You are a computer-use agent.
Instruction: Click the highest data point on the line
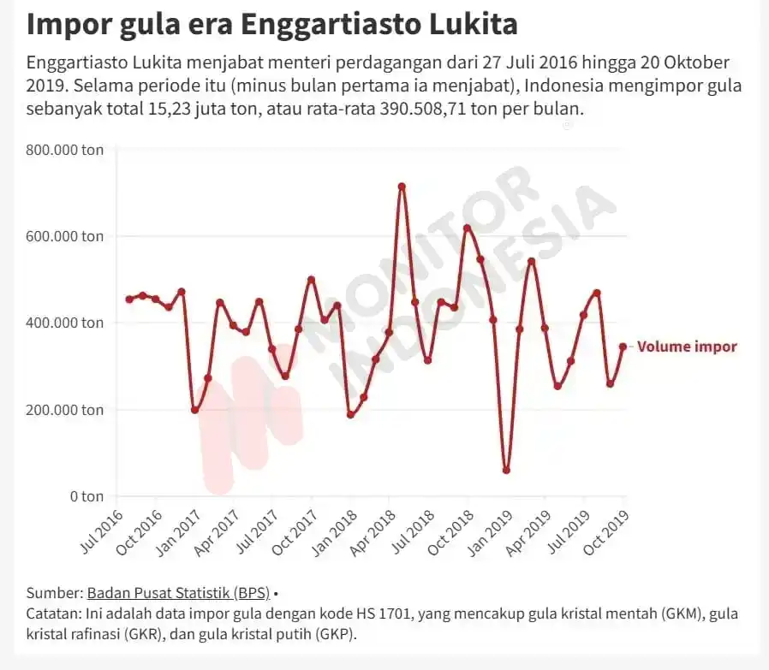402,187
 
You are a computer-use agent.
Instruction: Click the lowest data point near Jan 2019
507,471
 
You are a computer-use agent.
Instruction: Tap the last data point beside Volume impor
623,347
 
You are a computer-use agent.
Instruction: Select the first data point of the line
129,299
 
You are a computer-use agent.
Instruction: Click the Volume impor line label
687,347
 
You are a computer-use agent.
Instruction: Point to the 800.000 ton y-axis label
65,150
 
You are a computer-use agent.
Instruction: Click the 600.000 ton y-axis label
65,236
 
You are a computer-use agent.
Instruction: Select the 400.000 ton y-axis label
65,323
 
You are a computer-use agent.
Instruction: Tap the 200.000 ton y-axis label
65,410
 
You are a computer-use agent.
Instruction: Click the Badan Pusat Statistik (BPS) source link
178,593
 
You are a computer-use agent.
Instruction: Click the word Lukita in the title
469,23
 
